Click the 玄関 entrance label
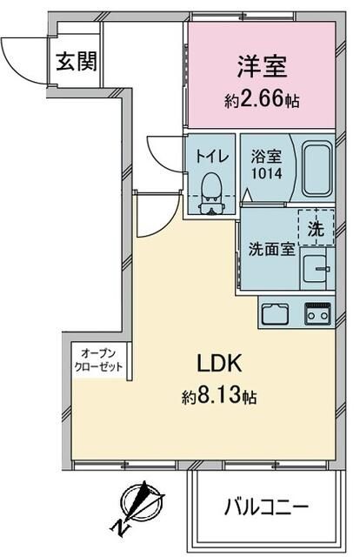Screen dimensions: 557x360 pos(77,62)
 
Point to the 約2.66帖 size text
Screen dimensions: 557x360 pos(260,100)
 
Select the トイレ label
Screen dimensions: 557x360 pos(211,158)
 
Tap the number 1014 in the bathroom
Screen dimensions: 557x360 pos(267,174)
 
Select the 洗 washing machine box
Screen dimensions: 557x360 pos(317,231)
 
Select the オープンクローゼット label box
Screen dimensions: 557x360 pos(100,359)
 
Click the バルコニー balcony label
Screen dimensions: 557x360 pos(267,506)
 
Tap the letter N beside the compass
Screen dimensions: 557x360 pos(119,527)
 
